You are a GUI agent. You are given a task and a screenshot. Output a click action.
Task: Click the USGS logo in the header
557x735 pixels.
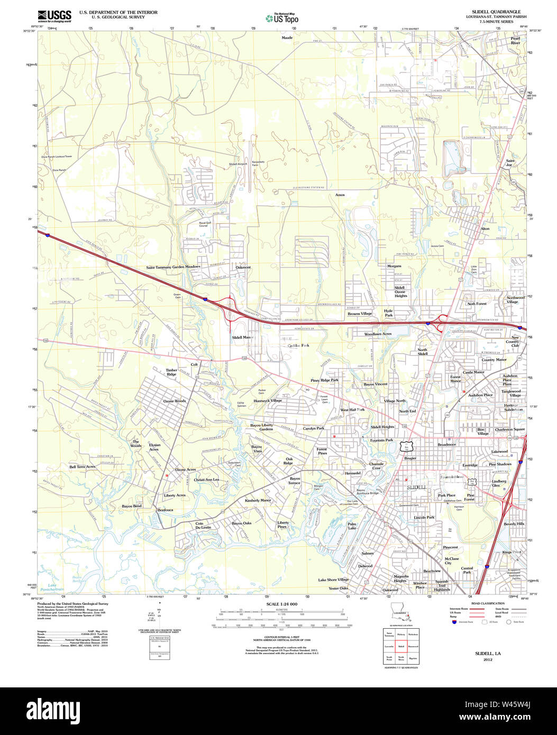point(54,16)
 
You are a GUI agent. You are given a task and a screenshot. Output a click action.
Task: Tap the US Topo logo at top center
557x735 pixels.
point(282,18)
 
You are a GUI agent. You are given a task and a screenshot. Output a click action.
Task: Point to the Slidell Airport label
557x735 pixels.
point(238,164)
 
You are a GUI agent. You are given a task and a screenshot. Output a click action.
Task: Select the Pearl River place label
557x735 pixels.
point(515,41)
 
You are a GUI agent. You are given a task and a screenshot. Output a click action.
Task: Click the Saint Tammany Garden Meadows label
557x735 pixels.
point(174,268)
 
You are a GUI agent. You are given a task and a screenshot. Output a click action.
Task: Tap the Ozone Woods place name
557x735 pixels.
point(175,401)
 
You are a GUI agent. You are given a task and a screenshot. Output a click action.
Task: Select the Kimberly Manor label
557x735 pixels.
point(258,500)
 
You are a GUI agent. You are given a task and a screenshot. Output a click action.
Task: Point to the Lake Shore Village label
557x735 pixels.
point(333,580)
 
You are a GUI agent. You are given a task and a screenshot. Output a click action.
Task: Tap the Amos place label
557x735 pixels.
point(340,195)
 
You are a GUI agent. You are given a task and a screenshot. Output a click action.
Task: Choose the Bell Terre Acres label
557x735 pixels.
point(83,467)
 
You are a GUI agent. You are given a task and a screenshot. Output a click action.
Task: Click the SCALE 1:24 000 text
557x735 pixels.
point(281,604)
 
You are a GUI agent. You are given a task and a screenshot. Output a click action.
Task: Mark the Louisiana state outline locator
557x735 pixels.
point(400,611)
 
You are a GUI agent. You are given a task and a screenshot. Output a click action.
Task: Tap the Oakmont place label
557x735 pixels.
point(243,268)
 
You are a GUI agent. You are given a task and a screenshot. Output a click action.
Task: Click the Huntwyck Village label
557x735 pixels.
point(268,401)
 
